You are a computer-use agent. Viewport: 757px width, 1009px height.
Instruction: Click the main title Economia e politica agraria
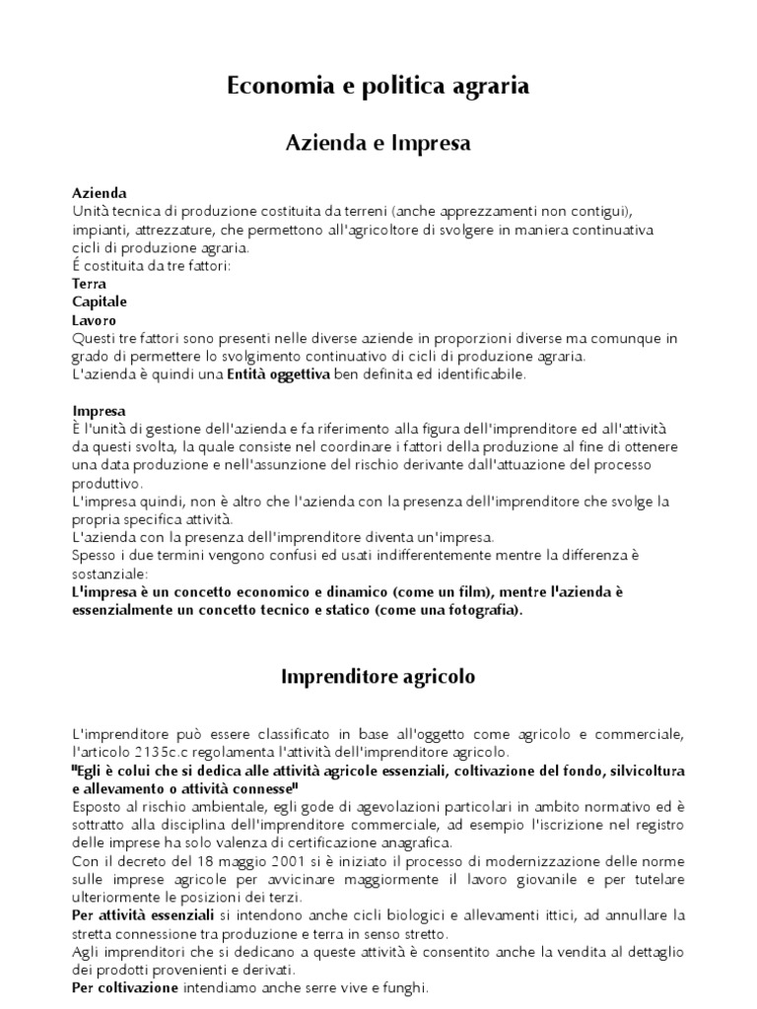pos(378,87)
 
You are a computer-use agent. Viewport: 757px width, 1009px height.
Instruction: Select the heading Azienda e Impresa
pos(378,144)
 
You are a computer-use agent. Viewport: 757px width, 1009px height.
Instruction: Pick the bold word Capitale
pos(100,302)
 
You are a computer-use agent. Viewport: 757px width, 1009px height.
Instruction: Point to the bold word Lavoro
pos(95,320)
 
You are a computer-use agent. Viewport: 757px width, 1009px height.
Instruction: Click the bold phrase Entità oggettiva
pos(281,374)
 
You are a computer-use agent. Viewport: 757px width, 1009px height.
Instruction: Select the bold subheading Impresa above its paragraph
pos(99,411)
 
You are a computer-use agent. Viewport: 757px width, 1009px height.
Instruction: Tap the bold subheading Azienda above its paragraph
pos(100,193)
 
